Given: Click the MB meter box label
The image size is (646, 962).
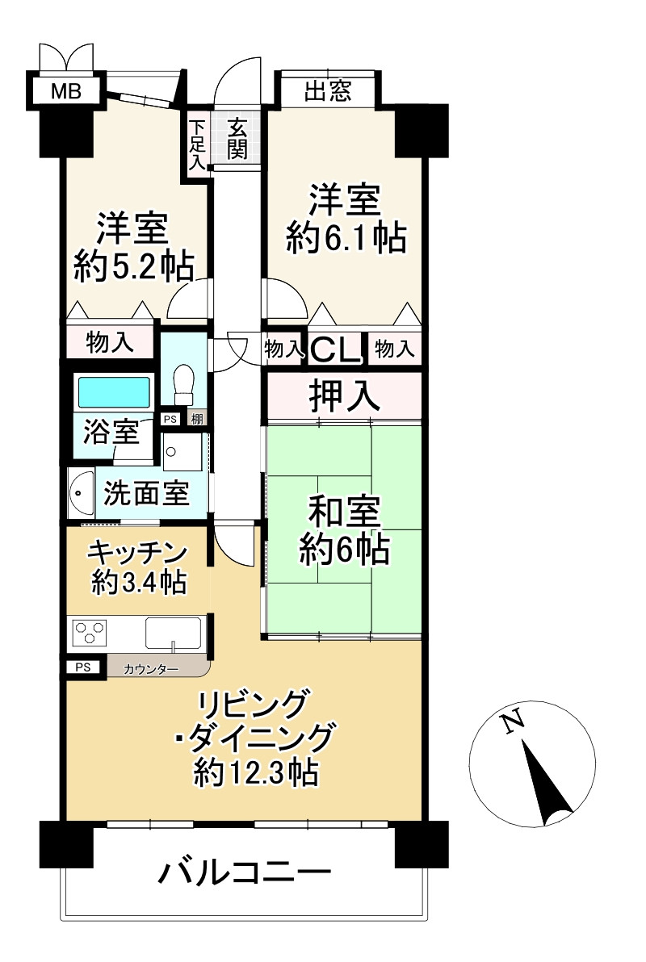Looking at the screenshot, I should (65, 90).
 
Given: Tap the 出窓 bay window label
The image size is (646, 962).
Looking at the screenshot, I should (327, 90).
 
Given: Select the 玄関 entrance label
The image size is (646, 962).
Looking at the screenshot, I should (237, 138).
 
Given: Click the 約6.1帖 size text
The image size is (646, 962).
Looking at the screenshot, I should (345, 239).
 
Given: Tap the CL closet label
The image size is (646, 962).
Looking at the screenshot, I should (336, 350).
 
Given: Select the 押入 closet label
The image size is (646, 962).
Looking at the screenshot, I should (344, 396).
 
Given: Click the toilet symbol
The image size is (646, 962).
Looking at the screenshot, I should (184, 383).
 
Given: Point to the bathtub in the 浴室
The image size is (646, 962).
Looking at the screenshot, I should (114, 393).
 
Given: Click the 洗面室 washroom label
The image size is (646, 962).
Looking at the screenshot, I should (146, 493).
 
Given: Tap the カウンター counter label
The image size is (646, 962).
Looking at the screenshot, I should (151, 668).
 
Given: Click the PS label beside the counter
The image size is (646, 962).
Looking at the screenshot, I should (83, 667).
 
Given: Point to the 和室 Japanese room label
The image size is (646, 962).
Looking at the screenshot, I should (345, 514).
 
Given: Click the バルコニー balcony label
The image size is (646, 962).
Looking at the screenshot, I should (245, 873).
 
